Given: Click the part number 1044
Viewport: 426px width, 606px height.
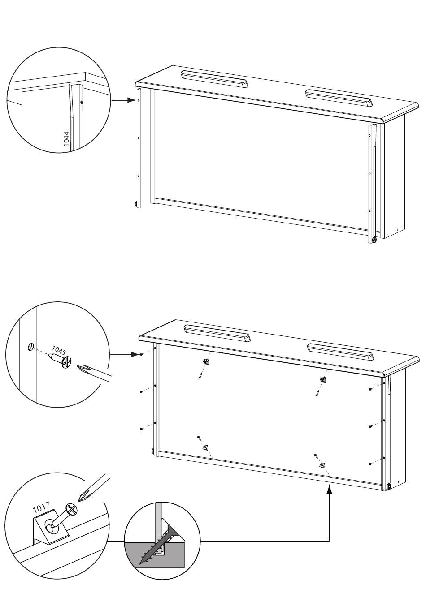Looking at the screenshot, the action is (x=67, y=139).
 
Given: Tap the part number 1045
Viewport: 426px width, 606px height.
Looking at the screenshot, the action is (x=59, y=350).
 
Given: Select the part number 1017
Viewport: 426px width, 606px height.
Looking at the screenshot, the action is (x=41, y=507).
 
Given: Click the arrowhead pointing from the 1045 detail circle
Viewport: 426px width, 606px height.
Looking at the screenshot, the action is (x=135, y=354).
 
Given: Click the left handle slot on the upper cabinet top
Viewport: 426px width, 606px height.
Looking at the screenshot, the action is (x=215, y=79).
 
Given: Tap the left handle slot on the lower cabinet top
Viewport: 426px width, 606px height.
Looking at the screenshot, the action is (x=217, y=333).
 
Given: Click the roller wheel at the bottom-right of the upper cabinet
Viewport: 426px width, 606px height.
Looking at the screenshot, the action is (x=374, y=240).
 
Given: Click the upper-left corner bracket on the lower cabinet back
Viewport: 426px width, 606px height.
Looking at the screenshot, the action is (x=206, y=361).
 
